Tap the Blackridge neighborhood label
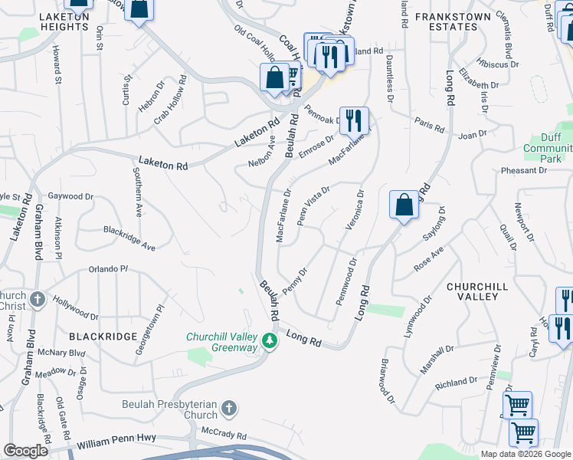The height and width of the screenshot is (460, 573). tap(113, 336)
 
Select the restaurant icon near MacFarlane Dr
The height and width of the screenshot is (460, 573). tap(354, 121)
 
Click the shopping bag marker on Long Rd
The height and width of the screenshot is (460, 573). tap(404, 205)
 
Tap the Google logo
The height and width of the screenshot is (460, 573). tap(25, 451)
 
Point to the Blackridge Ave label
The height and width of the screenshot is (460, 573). tap(129, 228)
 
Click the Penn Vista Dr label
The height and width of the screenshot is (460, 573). tap(313, 205)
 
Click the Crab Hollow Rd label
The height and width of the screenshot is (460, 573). tap(171, 98)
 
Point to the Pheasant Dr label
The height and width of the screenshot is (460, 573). tap(524, 169)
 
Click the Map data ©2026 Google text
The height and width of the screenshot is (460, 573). tap(525, 454)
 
